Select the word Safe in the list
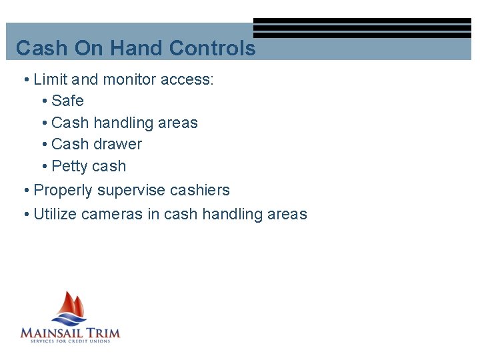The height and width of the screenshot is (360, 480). pyautogui.click(x=67, y=101)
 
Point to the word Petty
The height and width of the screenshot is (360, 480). pyautogui.click(x=69, y=167)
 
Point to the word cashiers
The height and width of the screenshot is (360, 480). pyautogui.click(x=199, y=191)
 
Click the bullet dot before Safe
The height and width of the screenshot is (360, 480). pyautogui.click(x=44, y=101)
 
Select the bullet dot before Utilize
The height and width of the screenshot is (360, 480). pyautogui.click(x=25, y=215)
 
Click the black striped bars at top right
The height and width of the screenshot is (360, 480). pyautogui.click(x=362, y=28)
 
